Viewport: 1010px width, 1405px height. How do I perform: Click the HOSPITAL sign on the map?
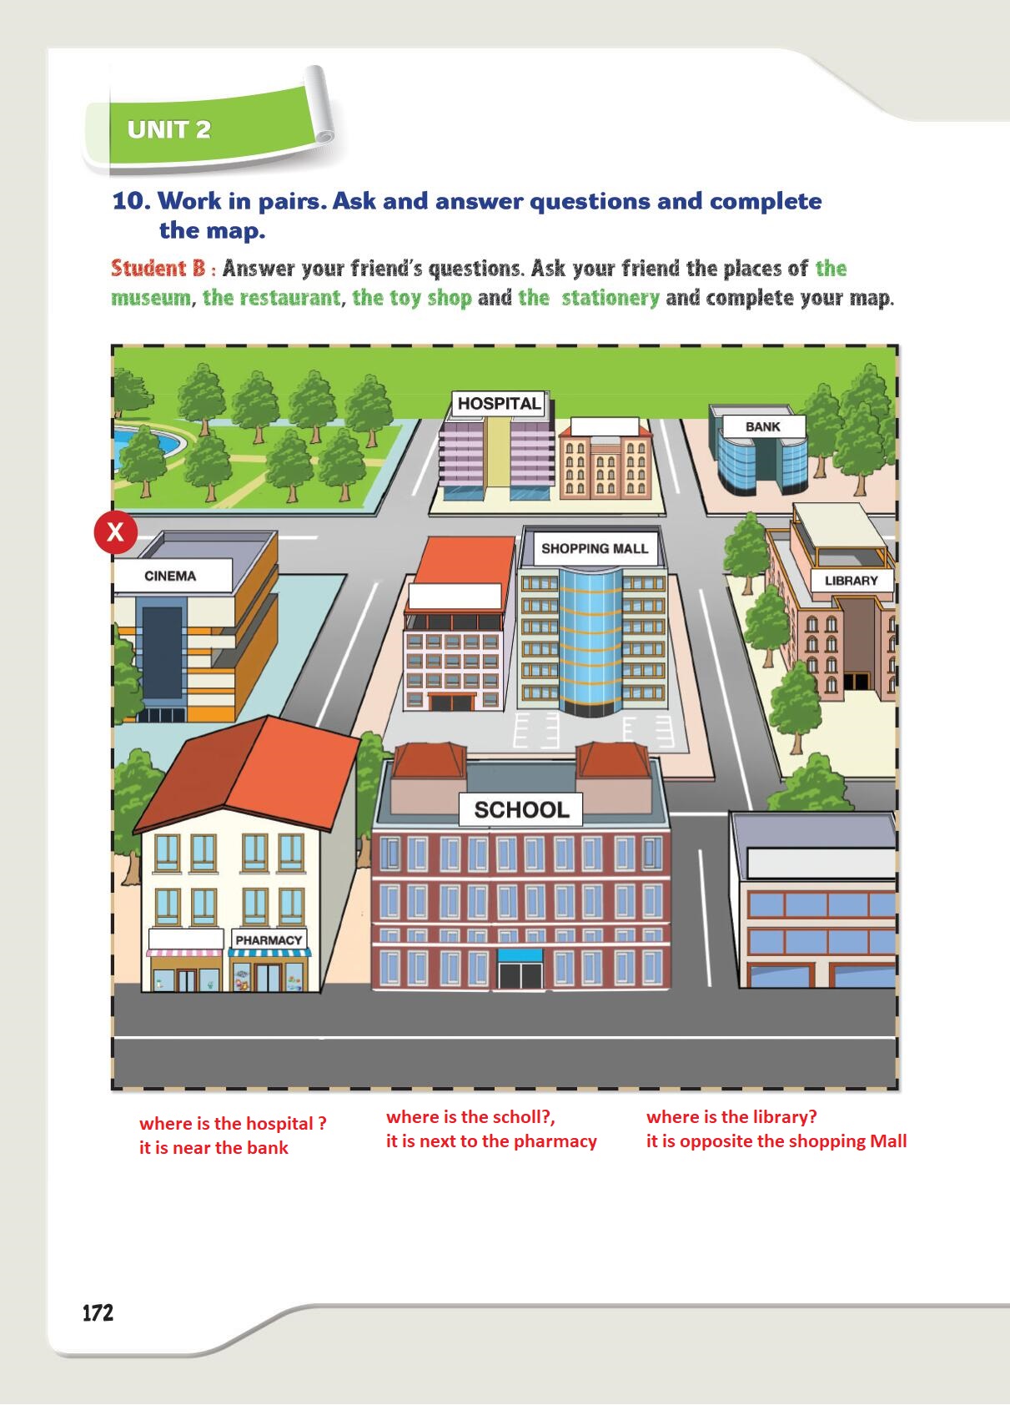(x=499, y=403)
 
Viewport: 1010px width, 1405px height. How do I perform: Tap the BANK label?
(x=763, y=426)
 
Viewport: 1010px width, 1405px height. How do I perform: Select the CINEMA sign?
(x=170, y=576)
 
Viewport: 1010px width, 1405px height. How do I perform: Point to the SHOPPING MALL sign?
(x=595, y=549)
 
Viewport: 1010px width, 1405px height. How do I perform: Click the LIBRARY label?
(x=851, y=581)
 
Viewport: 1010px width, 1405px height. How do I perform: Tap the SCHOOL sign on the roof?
(x=521, y=810)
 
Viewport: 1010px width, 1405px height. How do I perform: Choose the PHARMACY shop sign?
(x=269, y=939)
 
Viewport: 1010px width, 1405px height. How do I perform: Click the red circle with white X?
(x=115, y=532)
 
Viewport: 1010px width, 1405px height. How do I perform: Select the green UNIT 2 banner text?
(x=168, y=130)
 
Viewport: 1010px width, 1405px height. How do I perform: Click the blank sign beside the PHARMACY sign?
(x=186, y=939)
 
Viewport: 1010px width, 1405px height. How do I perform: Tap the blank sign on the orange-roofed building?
(x=455, y=596)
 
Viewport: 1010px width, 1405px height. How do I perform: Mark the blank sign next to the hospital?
(x=605, y=426)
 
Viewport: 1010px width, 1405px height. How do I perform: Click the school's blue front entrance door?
(x=520, y=969)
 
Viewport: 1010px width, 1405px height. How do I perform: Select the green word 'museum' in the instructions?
(x=150, y=298)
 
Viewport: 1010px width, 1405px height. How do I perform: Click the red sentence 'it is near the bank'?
(x=214, y=1148)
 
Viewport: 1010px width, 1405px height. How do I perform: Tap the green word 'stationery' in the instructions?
(x=610, y=297)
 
